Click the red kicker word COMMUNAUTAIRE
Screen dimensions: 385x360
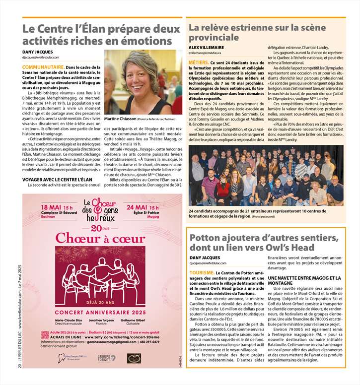click(43, 66)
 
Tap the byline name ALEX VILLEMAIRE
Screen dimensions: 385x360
click(206, 47)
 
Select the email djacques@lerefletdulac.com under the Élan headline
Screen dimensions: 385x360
click(44, 57)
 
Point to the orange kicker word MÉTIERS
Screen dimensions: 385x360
click(199, 63)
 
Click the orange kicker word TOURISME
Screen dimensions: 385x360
click(202, 273)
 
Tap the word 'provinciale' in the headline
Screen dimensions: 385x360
click(214, 37)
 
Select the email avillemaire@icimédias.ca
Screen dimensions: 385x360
click(205, 53)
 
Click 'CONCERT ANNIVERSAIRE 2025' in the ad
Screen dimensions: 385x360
click(101, 312)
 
